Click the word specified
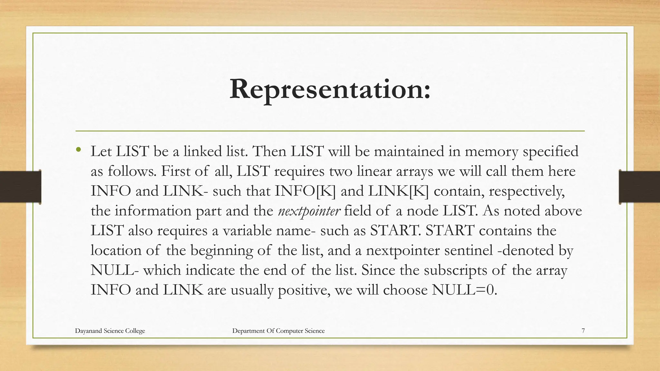coord(550,152)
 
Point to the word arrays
coord(414,171)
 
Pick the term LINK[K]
coord(398,191)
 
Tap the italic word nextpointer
coord(309,211)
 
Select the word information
coord(153,211)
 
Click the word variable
coord(251,231)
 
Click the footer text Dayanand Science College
coord(110,331)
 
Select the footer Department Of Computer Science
coord(278,331)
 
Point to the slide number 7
coord(583,331)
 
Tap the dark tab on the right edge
coord(639,187)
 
